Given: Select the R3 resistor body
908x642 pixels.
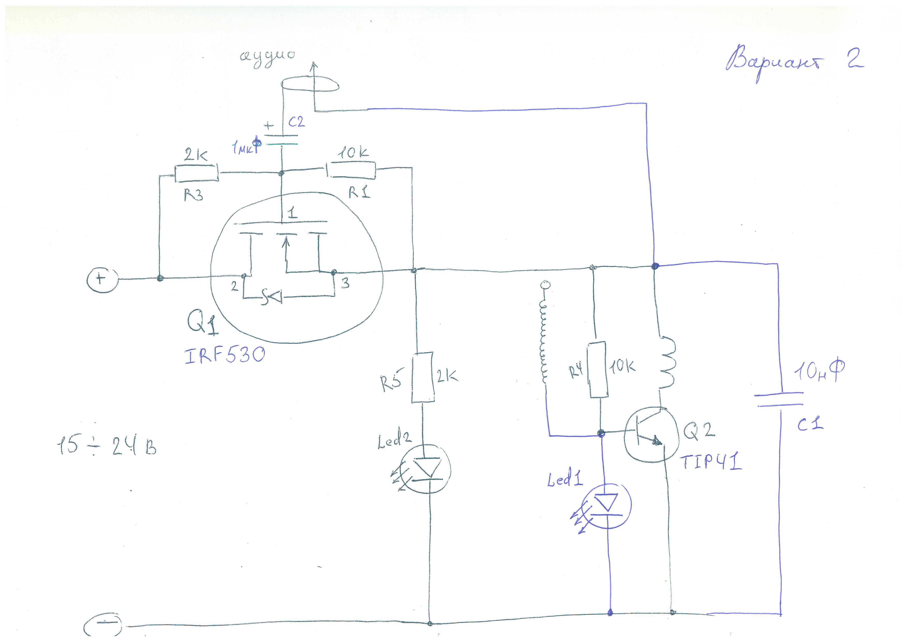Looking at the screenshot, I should [196, 173].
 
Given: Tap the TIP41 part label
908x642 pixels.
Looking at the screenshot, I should [711, 462].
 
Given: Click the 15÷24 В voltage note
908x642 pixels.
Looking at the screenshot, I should [107, 447].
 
